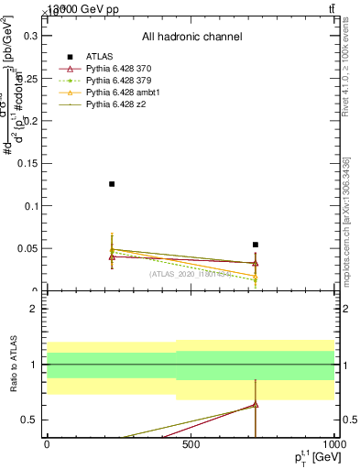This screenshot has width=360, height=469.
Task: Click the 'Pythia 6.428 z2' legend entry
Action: tap(116, 105)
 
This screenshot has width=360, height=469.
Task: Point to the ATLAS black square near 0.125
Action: tap(112, 184)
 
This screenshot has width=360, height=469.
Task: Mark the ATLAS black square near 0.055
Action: tap(256, 245)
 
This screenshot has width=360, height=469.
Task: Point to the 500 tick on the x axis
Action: tap(191, 445)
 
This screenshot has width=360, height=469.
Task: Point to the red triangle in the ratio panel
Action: tap(256, 404)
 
